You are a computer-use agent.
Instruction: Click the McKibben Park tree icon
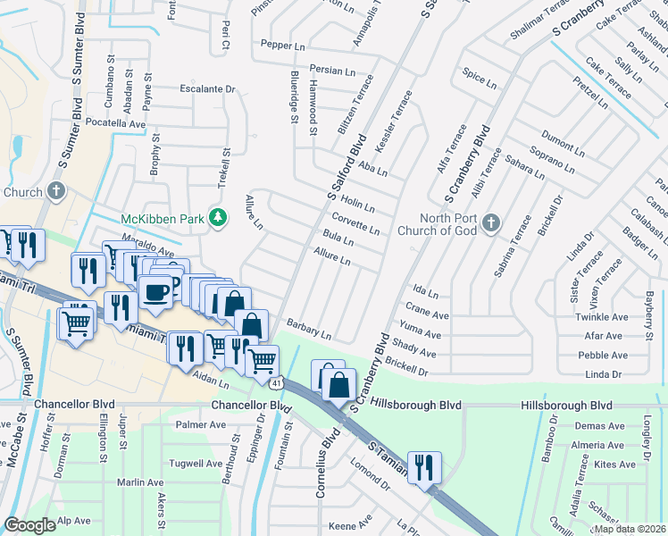[217, 217]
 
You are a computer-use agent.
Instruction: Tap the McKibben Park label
[163, 219]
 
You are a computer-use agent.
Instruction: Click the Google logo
[29, 525]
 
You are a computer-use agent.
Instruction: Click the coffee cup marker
[155, 293]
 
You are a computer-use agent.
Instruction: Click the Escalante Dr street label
[206, 88]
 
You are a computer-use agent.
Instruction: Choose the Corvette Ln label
[355, 223]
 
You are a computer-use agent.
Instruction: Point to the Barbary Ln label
[310, 330]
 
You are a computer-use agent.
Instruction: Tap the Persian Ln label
[332, 69]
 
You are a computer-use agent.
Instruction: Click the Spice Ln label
[479, 78]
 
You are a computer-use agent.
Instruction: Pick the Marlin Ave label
[139, 482]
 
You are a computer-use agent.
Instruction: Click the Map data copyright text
[629, 529]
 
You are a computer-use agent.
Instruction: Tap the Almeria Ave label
[597, 445]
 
